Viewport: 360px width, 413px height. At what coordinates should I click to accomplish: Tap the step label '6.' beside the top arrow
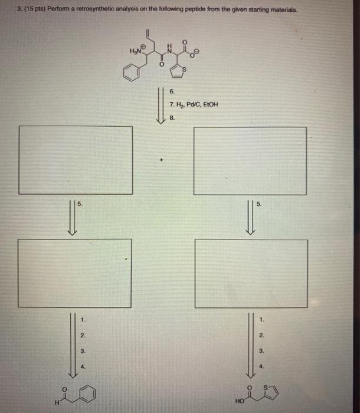(172, 92)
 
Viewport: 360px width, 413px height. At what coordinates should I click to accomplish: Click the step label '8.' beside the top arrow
(172, 118)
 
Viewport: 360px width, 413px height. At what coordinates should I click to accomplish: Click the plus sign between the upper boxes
(160, 160)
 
